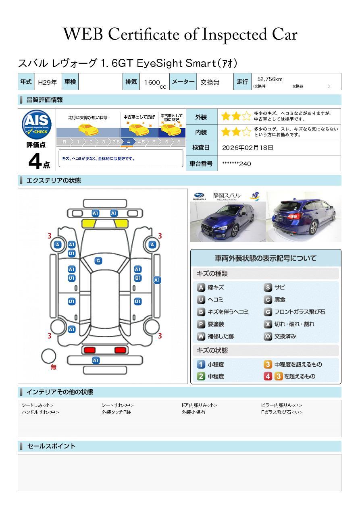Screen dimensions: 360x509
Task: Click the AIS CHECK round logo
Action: click(37, 125)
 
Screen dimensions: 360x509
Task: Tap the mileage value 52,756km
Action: click(270, 79)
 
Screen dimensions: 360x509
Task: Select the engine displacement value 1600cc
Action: click(155, 83)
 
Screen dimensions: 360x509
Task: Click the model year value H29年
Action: click(47, 82)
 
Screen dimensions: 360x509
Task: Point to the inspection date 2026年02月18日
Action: click(248, 148)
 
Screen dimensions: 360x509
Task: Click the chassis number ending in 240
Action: click(237, 164)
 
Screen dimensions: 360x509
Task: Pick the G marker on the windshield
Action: click(98, 261)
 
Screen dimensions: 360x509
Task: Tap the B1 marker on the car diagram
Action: click(138, 278)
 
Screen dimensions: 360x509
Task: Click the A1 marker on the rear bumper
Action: click(96, 360)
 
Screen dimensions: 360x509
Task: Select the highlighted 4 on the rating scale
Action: click(128, 142)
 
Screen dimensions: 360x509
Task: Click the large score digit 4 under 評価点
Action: click(35, 161)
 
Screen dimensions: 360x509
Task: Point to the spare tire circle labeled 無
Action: click(48, 356)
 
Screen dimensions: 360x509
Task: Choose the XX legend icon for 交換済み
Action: click(268, 336)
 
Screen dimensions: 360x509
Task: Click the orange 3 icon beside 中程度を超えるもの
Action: click(268, 364)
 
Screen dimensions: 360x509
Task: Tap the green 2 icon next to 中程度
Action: click(201, 376)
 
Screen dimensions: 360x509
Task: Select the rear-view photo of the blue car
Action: click(304, 216)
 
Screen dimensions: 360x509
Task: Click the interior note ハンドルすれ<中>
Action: click(40, 412)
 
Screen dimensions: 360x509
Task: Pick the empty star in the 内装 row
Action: click(246, 132)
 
